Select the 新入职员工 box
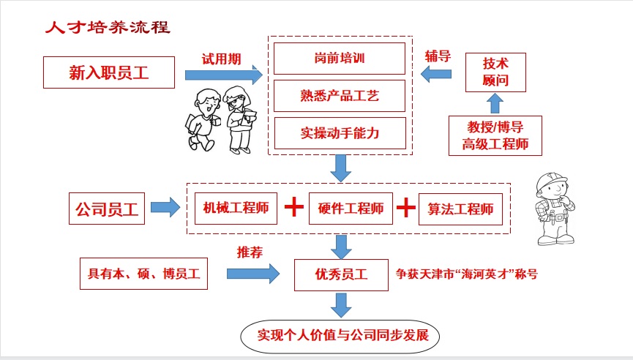pos(109,72)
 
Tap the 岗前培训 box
pos(338,58)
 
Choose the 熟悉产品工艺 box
pos(338,96)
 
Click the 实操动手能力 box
pos(338,133)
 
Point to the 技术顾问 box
pos(495,71)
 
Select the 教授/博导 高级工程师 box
pos(495,135)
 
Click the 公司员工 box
pos(107,209)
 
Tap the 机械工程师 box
pos(236,209)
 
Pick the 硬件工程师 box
pos(351,209)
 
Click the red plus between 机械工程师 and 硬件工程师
pos(293,208)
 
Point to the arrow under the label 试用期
pos(224,75)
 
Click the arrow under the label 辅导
pos(438,73)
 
